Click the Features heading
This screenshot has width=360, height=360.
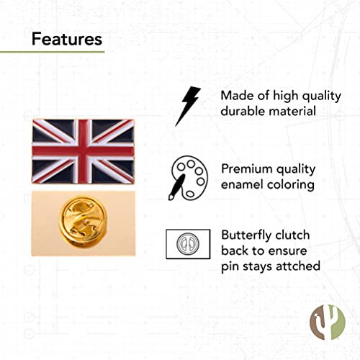click(67, 38)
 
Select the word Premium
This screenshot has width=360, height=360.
click(247, 168)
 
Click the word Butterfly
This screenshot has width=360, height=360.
click(248, 235)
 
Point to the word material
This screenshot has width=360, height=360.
click(292, 112)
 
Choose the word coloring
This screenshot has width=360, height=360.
click(291, 184)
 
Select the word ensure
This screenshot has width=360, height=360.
click(291, 251)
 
